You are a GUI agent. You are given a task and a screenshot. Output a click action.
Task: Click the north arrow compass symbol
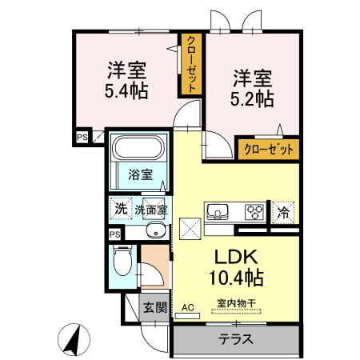pyautogui.click(x=74, y=339)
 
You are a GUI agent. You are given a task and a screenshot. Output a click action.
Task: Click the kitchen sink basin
pyautogui.click(x=218, y=212)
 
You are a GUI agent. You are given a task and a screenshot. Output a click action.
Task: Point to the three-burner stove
pyautogui.click(x=254, y=212)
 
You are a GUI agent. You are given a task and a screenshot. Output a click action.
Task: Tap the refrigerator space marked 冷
pyautogui.click(x=283, y=213)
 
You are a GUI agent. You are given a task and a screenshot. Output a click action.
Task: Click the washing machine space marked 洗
pyautogui.click(x=121, y=208)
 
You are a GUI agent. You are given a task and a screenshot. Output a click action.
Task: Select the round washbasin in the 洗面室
pyautogui.click(x=156, y=230)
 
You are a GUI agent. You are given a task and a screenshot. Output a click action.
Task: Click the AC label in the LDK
pyautogui.click(x=188, y=307)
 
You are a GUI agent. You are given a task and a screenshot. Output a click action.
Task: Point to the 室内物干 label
pyautogui.click(x=236, y=303)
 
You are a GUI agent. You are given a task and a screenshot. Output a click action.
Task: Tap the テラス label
pyautogui.click(x=236, y=339)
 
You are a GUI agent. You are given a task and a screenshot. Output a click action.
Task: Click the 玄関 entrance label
pyautogui.click(x=155, y=307)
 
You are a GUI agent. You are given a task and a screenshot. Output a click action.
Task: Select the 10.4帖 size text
pyautogui.click(x=236, y=278)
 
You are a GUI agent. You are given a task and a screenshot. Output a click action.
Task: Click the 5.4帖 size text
pyautogui.click(x=126, y=90)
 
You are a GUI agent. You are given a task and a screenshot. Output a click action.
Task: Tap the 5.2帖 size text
pyautogui.click(x=252, y=98)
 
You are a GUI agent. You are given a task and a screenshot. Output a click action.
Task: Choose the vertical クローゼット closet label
pyautogui.click(x=191, y=64)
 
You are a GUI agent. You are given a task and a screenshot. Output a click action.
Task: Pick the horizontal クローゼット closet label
pyautogui.click(x=269, y=150)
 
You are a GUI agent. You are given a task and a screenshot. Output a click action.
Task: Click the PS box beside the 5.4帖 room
pyautogui.click(x=82, y=137)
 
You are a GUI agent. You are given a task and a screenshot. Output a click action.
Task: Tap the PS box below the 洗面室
pyautogui.click(x=115, y=234)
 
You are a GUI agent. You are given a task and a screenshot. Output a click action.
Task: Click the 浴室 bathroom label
pyautogui.click(x=141, y=174)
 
